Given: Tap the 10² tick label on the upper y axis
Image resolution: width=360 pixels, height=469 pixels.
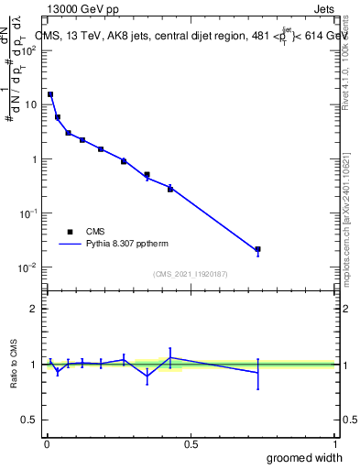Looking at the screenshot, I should (29, 49).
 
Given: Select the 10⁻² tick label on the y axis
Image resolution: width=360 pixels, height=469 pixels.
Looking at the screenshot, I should (29, 267).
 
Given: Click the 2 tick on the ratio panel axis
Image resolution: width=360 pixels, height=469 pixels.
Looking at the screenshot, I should (34, 309).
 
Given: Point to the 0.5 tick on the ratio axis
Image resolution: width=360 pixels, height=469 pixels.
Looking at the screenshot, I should (29, 420).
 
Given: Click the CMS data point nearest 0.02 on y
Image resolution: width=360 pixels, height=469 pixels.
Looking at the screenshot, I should (258, 249).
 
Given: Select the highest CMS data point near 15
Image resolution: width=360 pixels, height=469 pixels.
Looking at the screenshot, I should (50, 94).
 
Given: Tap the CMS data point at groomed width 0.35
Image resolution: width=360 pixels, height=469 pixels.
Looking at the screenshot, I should (147, 174).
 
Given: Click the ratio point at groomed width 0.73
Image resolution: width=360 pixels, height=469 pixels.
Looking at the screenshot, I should (258, 373).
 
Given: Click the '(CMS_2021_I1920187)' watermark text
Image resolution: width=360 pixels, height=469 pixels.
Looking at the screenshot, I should (190, 274).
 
